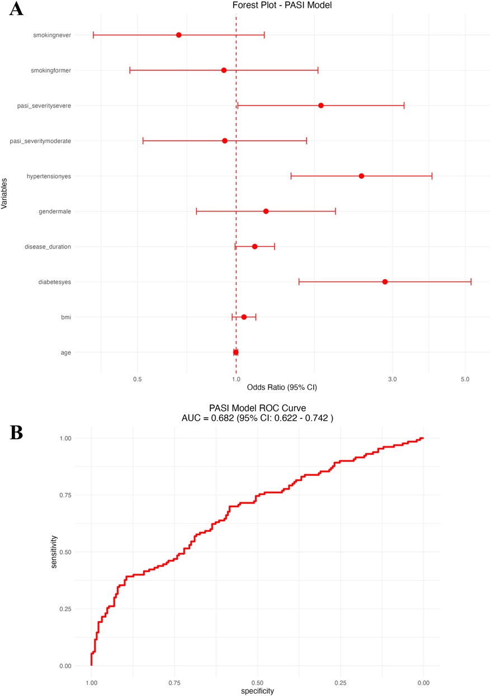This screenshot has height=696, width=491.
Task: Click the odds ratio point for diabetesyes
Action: click(x=385, y=282)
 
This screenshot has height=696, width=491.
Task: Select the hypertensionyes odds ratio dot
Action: click(x=361, y=176)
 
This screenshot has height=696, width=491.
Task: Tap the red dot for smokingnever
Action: click(x=178, y=35)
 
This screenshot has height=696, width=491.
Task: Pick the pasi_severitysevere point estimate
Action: click(x=321, y=106)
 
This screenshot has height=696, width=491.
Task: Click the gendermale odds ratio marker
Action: click(x=266, y=211)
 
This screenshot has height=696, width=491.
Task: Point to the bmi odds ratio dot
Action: click(x=244, y=317)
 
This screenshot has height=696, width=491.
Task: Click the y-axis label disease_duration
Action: click(x=48, y=246)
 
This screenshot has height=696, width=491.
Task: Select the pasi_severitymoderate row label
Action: click(x=40, y=141)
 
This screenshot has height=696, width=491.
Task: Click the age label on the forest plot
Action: click(x=65, y=352)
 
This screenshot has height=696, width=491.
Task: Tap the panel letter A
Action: click(x=16, y=9)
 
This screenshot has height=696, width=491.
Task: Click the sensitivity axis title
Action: click(x=55, y=552)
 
